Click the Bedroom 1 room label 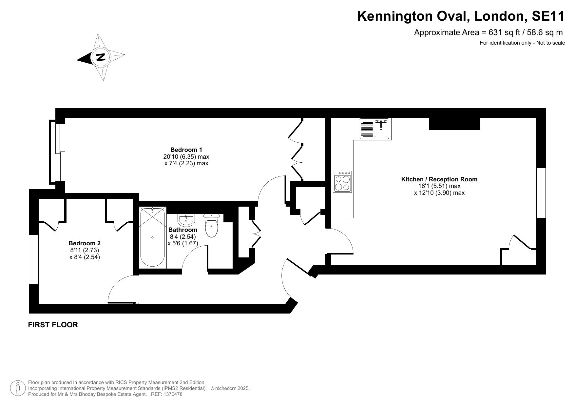[186, 150]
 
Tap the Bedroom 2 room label [85, 243]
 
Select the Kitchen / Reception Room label [439, 179]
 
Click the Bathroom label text [183, 230]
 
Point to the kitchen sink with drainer [375, 129]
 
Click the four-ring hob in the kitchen [342, 181]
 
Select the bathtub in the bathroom [153, 237]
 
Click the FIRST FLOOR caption [53, 325]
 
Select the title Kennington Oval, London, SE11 [461, 16]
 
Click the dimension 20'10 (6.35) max [186, 157]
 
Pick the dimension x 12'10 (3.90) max [439, 193]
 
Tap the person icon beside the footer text [18, 388]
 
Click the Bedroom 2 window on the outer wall [34, 259]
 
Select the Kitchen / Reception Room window [541, 193]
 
